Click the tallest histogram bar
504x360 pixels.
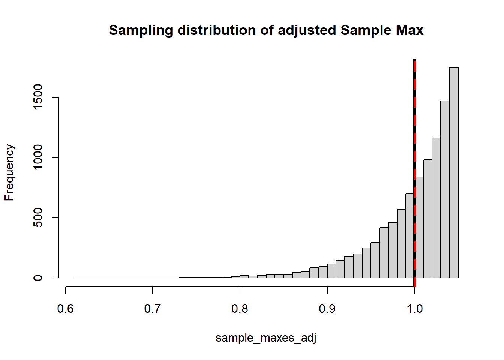pos(454,172)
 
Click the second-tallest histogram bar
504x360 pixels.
pos(445,189)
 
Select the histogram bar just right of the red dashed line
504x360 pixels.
pos(420,227)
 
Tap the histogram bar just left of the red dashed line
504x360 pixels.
pos(409,236)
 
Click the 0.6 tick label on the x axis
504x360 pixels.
pos(65,309)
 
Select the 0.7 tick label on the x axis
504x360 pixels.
pos(153,309)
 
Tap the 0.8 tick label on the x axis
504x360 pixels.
pos(240,309)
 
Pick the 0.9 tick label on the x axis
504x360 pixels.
pos(327,309)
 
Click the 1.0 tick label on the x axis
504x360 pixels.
pos(415,309)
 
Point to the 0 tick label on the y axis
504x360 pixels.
pos(38,278)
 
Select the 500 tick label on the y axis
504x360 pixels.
pos(38,218)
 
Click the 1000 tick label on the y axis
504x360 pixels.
pos(38,157)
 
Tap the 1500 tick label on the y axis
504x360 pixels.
pos(38,97)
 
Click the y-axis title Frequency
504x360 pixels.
pos(9,172)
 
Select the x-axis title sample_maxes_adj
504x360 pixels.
pos(266,338)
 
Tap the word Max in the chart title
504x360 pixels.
pos(411,30)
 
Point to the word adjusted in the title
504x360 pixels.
pos(307,30)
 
